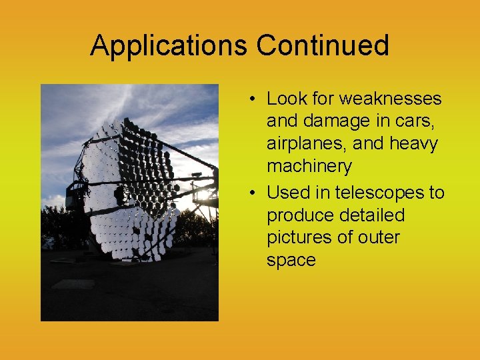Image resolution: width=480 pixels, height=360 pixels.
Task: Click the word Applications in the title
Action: [x=169, y=45]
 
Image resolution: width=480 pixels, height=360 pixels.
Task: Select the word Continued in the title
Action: [x=323, y=45]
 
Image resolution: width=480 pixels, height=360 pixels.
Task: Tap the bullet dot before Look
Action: [x=255, y=99]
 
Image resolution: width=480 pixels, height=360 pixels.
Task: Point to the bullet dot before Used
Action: [x=255, y=193]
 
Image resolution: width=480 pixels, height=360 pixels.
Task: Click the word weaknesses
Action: [x=390, y=99]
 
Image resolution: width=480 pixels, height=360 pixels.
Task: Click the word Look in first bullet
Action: [x=286, y=99]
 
